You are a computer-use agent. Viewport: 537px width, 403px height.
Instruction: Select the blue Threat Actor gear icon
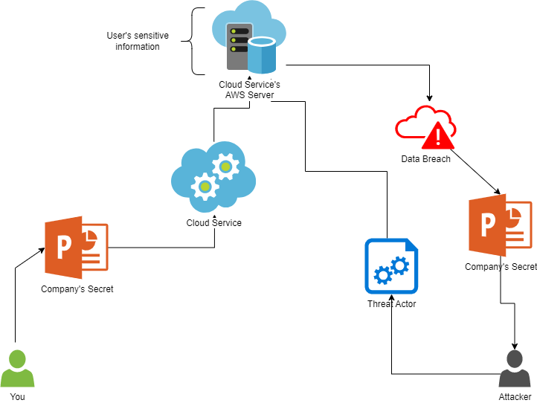[391, 267]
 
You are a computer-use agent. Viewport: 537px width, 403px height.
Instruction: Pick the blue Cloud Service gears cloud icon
[213, 176]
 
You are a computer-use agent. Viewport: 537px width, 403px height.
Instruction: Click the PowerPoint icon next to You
[76, 248]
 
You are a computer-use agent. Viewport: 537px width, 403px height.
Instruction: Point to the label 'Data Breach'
[425, 159]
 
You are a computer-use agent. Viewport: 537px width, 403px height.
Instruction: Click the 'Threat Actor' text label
[391, 304]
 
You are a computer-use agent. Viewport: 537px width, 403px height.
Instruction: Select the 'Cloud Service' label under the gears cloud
[213, 223]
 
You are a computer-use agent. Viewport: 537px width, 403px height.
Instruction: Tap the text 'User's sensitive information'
[137, 41]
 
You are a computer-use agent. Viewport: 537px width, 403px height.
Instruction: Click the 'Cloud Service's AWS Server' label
[250, 90]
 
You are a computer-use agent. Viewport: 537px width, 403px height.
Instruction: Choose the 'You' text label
[17, 396]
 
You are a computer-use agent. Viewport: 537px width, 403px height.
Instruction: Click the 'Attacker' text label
[515, 396]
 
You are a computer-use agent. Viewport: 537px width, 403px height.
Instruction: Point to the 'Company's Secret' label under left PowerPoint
[77, 288]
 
